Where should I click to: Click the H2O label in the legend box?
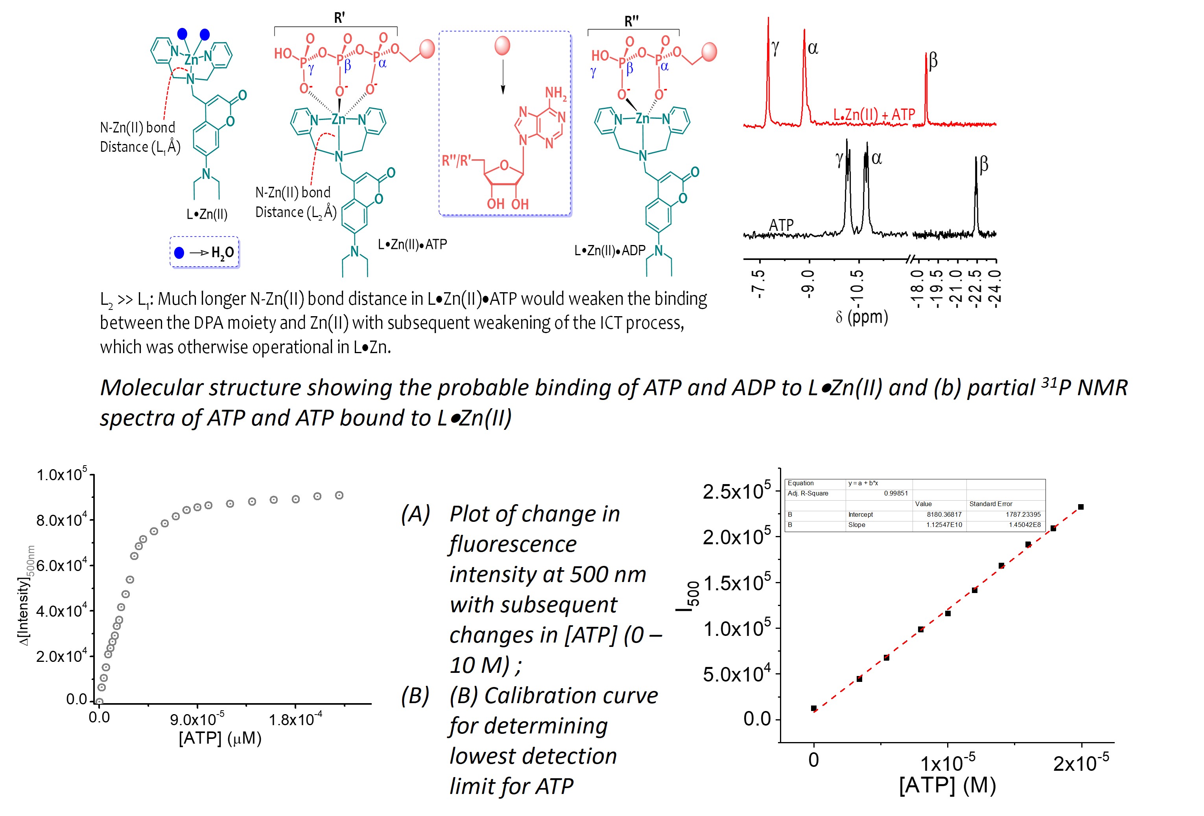tap(222, 253)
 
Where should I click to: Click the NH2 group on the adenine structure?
tap(555, 93)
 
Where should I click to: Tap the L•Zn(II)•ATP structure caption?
tap(412, 245)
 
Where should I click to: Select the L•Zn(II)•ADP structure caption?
tap(610, 251)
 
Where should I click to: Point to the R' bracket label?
tap(339, 18)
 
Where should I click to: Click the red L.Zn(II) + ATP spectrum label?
tap(874, 114)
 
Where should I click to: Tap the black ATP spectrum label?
tap(781, 225)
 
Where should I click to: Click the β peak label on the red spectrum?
tap(933, 61)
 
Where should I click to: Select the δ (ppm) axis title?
tap(861, 317)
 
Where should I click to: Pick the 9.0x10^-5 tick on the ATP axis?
tap(197, 720)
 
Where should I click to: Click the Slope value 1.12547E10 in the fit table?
tap(944, 525)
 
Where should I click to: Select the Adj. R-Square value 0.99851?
tap(896, 493)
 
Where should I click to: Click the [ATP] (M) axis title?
tap(947, 785)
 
